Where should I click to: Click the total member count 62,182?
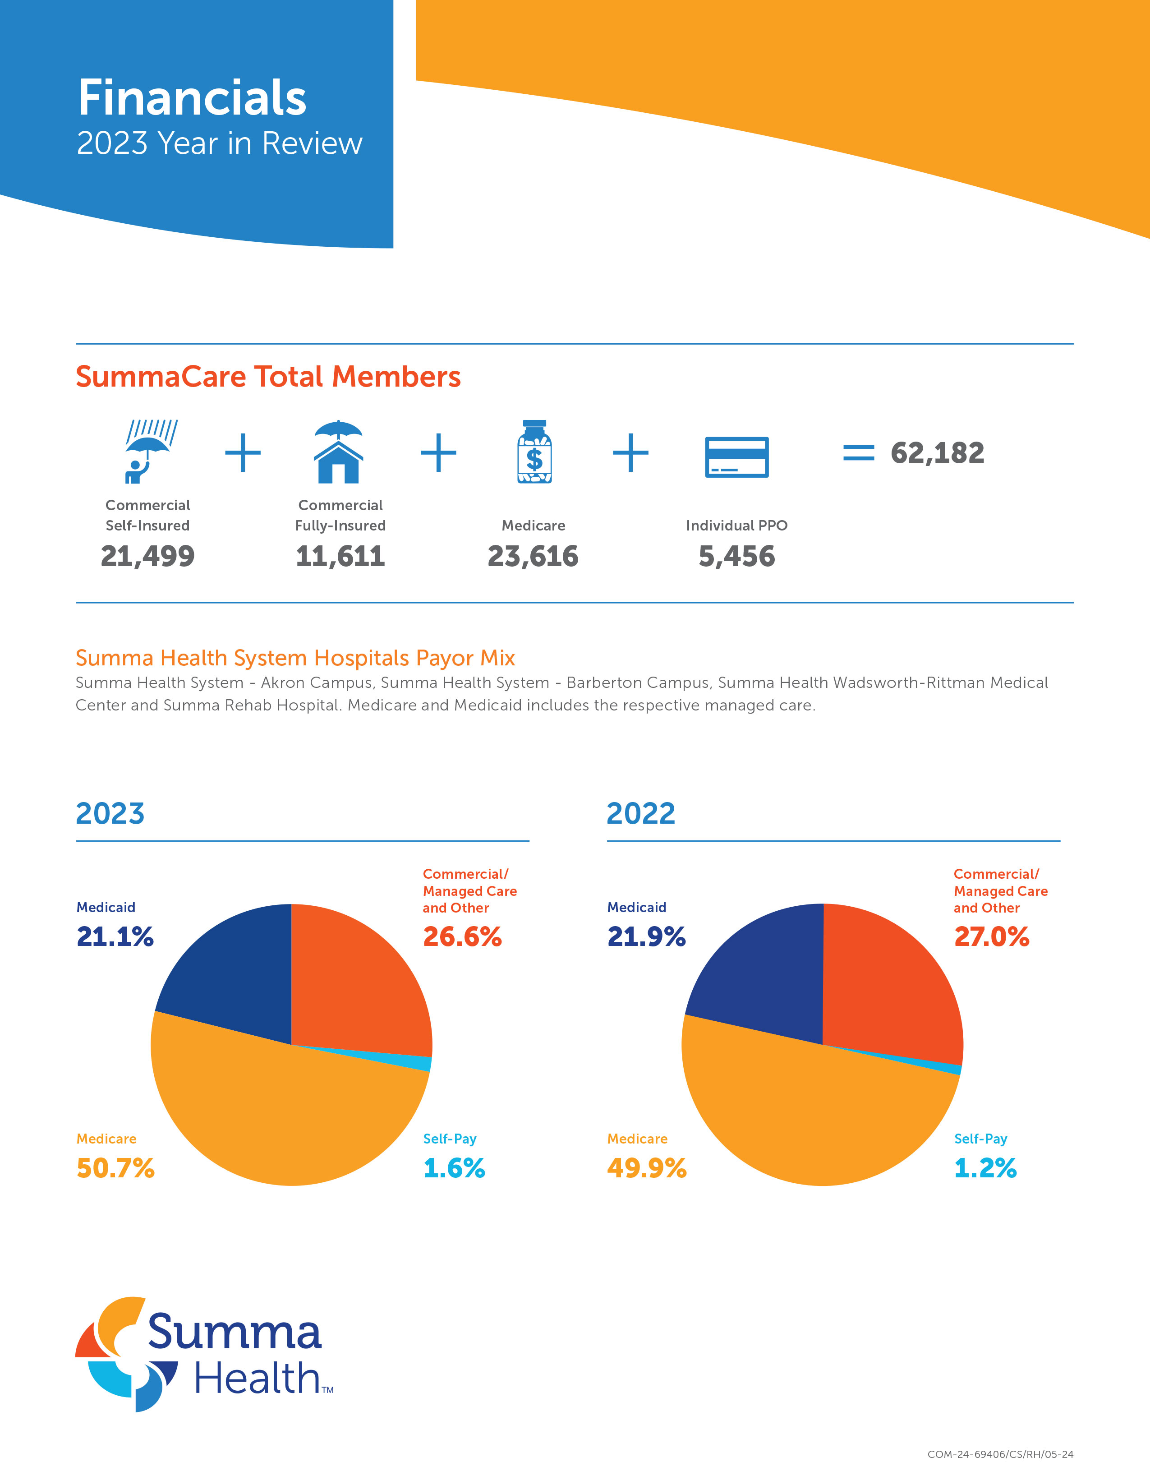(x=937, y=452)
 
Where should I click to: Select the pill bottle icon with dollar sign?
(x=534, y=452)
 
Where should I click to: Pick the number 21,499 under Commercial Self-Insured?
(x=147, y=556)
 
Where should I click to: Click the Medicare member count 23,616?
(x=533, y=556)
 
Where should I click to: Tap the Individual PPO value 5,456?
(x=736, y=556)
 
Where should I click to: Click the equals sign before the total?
(x=859, y=452)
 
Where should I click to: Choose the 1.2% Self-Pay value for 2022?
(x=984, y=1168)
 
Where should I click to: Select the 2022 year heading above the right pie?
(x=640, y=813)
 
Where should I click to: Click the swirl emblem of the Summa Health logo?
(x=124, y=1354)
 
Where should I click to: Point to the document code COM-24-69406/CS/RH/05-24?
(x=1000, y=1454)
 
